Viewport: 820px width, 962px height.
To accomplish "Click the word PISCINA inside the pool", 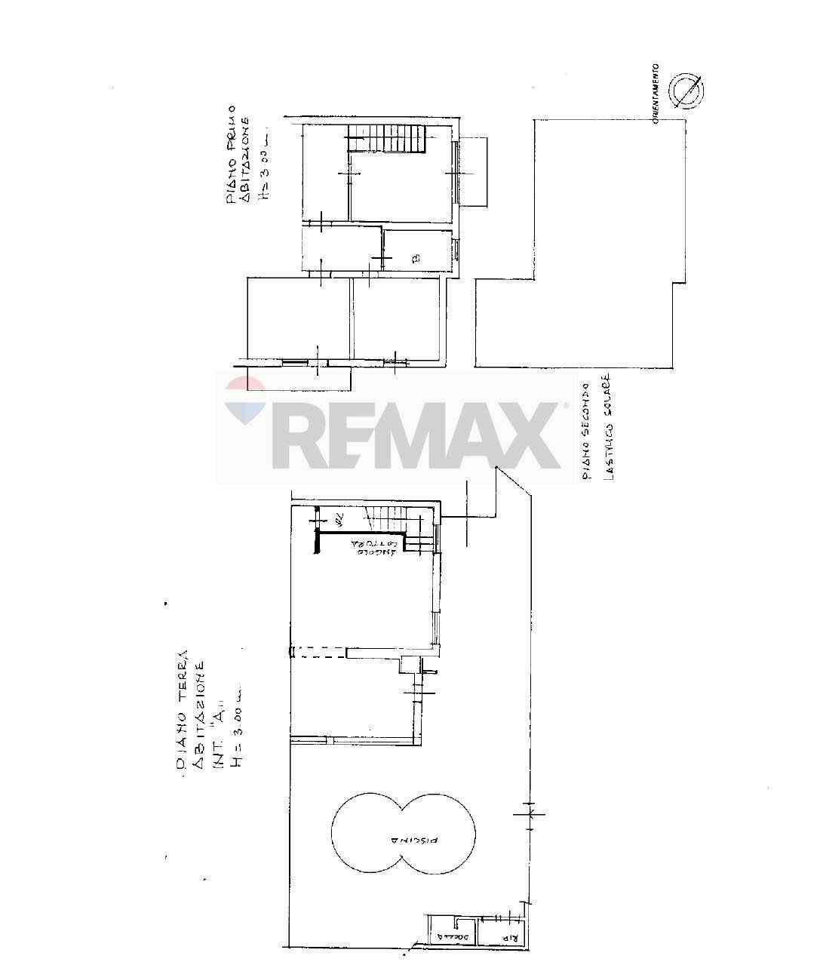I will [404, 839].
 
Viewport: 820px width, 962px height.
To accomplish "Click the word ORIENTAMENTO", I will [656, 94].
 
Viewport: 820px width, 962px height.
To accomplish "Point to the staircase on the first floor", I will [385, 139].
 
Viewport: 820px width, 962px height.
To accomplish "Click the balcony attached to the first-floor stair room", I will [474, 172].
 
